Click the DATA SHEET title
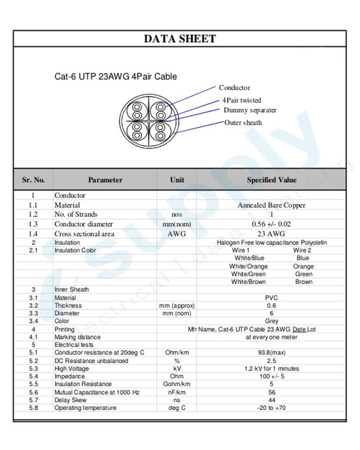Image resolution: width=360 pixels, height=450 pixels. (180, 39)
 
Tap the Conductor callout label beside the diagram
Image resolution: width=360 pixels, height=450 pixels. (234, 88)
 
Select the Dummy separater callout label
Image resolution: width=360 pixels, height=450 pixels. (250, 110)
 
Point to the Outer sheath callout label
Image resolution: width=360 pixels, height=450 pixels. (243, 123)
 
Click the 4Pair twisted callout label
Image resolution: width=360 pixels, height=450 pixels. (241, 100)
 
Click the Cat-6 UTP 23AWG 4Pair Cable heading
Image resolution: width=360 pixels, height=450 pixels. (115, 76)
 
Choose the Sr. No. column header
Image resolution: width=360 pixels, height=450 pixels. (33, 180)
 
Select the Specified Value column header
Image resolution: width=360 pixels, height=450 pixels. (271, 180)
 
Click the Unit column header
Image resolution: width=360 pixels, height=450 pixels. (177, 180)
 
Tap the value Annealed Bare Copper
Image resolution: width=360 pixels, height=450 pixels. (271, 205)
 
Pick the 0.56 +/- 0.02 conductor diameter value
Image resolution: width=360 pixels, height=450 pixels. (271, 224)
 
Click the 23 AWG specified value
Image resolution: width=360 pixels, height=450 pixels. (271, 234)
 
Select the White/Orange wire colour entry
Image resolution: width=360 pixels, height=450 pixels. (248, 266)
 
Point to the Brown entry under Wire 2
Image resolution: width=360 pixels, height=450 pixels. (304, 282)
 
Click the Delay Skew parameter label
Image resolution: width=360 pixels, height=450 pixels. (70, 400)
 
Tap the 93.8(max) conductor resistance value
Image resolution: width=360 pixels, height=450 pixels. (271, 352)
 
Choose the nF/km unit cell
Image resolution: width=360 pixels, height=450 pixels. (177, 392)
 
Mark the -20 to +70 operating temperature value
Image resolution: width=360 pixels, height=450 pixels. (271, 408)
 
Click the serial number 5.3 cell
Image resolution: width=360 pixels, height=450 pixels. (33, 368)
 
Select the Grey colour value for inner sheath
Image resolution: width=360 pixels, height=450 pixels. (271, 321)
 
